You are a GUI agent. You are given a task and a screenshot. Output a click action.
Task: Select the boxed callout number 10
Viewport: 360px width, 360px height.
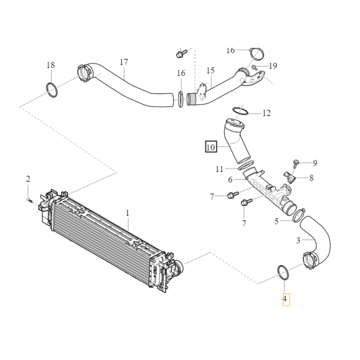pos(210,147)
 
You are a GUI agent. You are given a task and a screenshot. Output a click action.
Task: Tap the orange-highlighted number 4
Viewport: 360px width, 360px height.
pos(286,299)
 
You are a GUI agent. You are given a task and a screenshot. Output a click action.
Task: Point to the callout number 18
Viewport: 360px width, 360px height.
pos(51,65)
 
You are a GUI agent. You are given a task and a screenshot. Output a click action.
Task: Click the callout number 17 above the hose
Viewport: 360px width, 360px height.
pos(124,62)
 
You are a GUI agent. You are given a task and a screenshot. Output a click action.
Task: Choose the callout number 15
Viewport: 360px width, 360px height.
pos(211,71)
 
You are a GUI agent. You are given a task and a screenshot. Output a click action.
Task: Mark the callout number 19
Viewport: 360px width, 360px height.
pos(273,66)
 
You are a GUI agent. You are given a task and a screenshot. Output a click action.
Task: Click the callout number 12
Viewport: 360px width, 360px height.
pos(266,113)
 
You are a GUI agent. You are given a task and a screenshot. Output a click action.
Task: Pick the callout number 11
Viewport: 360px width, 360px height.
pos(219,169)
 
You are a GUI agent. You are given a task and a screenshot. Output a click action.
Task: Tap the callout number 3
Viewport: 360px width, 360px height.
pos(298,241)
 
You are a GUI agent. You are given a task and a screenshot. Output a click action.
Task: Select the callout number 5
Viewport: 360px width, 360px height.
pos(277,221)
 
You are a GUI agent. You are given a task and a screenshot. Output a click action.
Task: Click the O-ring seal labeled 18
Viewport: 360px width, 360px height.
pos(52,90)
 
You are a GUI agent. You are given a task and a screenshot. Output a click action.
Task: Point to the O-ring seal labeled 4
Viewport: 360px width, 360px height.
pos(283,271)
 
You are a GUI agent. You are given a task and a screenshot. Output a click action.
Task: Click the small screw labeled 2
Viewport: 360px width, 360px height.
pos(30,200)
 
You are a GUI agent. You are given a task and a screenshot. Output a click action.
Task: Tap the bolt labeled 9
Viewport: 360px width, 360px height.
pos(296,162)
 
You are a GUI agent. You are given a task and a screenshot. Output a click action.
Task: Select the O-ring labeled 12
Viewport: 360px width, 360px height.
pos(239,110)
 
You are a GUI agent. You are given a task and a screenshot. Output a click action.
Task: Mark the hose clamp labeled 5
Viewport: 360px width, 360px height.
pos(298,214)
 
